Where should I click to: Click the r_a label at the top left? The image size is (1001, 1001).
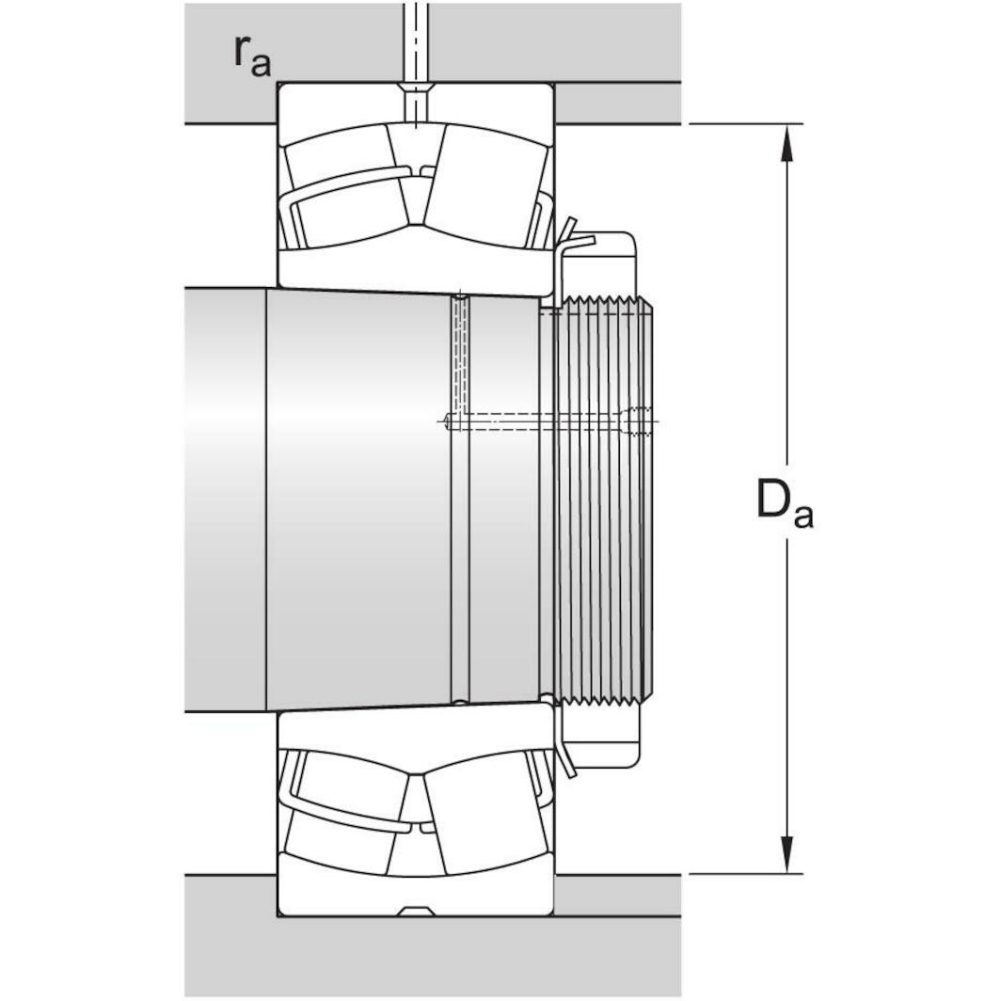coord(251,56)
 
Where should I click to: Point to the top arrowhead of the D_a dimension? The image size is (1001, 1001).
coord(787,141)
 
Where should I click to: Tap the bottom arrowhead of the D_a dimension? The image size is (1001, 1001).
coord(787,855)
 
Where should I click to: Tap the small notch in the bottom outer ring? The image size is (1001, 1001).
coord(415,911)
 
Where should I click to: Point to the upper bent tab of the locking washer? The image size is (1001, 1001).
coord(567,229)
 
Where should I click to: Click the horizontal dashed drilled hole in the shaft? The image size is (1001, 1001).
coord(546,421)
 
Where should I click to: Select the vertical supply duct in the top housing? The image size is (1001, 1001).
coord(415,38)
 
